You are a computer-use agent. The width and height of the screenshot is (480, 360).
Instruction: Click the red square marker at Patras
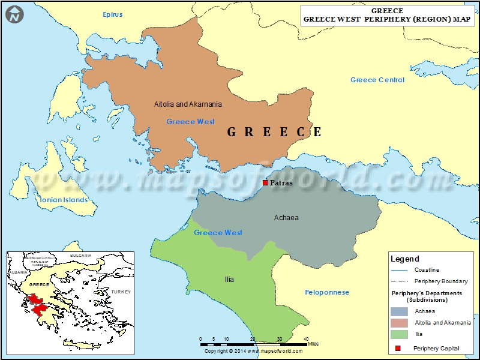(x=265, y=183)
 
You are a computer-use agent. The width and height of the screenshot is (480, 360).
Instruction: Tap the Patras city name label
(x=281, y=183)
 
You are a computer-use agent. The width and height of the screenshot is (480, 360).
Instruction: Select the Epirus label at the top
(x=112, y=14)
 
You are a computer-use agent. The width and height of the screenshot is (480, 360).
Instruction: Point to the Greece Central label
(x=377, y=80)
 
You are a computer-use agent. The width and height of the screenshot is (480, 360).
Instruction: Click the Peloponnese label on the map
(x=327, y=292)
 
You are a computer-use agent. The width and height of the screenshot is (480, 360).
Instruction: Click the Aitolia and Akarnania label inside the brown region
(x=188, y=104)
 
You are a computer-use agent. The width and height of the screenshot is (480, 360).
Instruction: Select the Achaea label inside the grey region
(x=286, y=217)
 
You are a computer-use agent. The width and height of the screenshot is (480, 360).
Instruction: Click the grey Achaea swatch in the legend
(x=399, y=311)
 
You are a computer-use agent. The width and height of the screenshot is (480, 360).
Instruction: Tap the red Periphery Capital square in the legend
(x=398, y=348)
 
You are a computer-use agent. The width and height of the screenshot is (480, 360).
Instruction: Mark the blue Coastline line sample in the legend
(x=399, y=270)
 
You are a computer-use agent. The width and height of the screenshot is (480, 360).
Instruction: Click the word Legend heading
(x=405, y=259)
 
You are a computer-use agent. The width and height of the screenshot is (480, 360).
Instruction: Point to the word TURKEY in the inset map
(x=120, y=292)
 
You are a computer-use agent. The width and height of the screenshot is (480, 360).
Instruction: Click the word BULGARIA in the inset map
(x=80, y=256)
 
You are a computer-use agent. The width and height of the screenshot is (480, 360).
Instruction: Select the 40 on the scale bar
(x=305, y=339)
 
